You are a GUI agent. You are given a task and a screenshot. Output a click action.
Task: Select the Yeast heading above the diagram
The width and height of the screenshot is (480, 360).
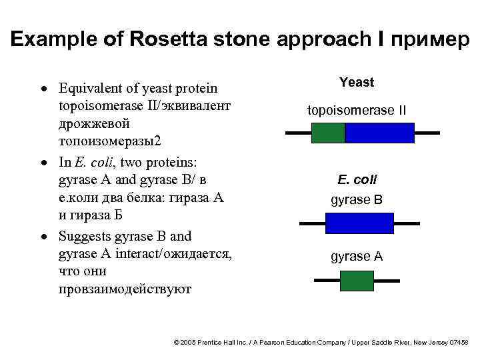click(357, 83)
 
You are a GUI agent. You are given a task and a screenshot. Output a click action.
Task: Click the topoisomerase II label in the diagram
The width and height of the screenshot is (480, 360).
click(357, 110)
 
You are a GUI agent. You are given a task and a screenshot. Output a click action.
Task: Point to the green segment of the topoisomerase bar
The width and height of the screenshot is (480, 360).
click(328, 133)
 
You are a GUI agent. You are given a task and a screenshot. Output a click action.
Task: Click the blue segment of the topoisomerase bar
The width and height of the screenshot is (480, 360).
click(379, 133)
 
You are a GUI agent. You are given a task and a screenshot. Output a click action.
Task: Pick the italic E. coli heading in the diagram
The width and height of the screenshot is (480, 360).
click(357, 180)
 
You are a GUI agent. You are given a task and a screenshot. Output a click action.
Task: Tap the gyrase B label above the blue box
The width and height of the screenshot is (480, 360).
click(357, 199)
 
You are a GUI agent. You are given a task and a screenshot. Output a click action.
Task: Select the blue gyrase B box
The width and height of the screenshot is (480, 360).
click(357, 223)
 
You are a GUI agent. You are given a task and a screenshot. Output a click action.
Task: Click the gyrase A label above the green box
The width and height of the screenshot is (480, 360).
click(357, 257)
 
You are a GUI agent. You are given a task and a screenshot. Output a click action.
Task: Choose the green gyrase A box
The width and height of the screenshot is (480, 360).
click(357, 281)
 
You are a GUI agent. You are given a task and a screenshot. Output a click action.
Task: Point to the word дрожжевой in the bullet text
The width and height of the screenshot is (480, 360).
click(94, 124)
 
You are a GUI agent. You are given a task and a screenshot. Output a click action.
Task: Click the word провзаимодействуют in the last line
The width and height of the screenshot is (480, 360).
click(125, 290)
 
